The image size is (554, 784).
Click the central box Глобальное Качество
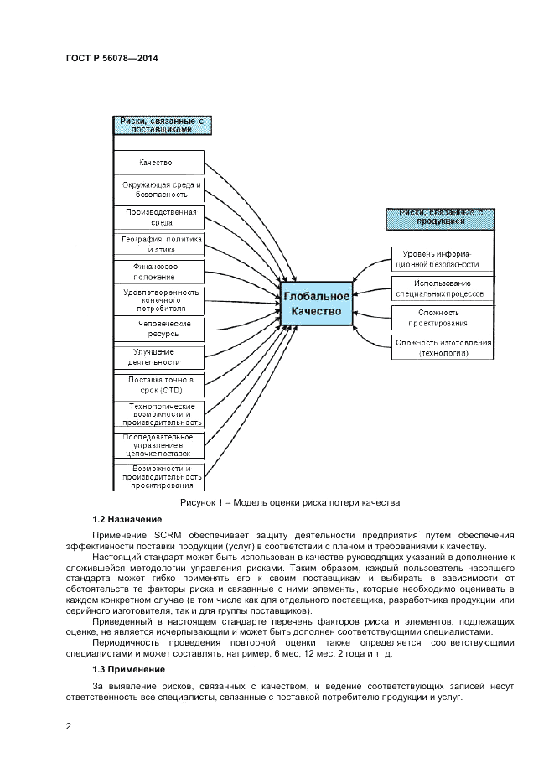click(316, 304)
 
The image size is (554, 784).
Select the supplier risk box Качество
click(158, 162)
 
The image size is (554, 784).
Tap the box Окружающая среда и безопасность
click(158, 188)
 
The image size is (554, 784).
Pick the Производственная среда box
click(158, 217)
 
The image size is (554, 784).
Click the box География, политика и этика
click(158, 244)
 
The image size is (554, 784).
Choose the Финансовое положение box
click(158, 271)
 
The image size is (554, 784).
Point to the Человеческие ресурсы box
click(158, 329)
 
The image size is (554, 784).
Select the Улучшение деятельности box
click(158, 356)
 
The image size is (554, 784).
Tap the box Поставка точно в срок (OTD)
click(158, 385)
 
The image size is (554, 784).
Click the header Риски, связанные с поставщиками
click(163, 126)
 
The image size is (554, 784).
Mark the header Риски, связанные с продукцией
click(440, 218)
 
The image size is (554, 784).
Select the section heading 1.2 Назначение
click(127, 520)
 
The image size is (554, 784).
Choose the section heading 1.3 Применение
click(128, 669)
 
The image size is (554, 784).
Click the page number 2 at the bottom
click(68, 726)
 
